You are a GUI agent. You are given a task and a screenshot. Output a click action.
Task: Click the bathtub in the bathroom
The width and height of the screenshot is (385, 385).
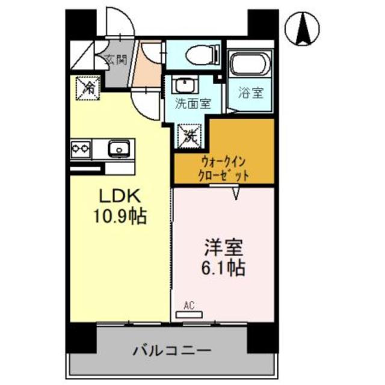pyautogui.click(x=251, y=66)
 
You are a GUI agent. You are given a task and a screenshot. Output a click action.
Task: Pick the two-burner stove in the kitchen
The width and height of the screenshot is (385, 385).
pyautogui.click(x=81, y=147)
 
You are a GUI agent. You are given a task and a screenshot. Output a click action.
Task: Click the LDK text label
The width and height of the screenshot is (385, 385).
pyautogui.click(x=117, y=197)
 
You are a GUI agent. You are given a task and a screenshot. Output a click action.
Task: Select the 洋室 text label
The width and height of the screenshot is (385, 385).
pyautogui.click(x=221, y=247)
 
